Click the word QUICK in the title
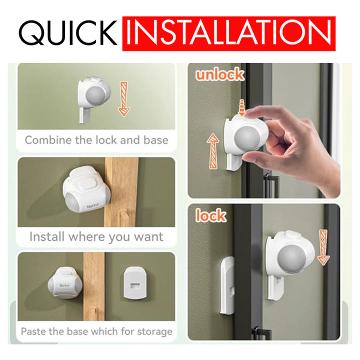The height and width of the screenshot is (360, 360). (67, 33)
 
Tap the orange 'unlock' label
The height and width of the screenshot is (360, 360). (220, 74)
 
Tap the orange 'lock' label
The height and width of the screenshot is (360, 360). (211, 215)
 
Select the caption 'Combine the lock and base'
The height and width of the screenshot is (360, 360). (96, 140)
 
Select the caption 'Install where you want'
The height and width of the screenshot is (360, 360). (96, 236)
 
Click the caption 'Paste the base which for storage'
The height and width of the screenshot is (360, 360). (96, 331)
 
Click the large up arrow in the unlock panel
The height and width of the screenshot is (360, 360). (213, 151)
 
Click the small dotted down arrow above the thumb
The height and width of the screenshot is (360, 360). (241, 107)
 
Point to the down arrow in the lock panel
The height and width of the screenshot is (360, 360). (323, 247)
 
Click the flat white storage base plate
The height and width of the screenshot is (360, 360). (134, 283)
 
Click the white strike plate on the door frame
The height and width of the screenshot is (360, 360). (227, 285)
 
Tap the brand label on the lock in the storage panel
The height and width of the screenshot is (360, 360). (64, 285)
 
